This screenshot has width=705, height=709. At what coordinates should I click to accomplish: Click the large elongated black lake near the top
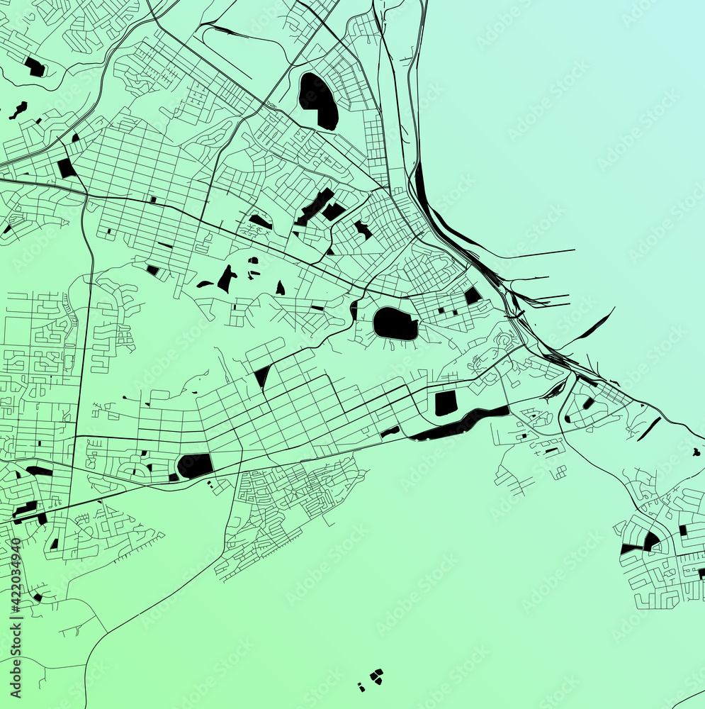tap(318, 100)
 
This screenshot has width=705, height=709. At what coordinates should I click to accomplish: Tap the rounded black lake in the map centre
tap(395, 324)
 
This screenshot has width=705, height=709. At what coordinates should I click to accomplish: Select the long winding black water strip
tap(461, 423)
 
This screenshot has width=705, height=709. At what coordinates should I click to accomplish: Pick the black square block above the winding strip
tap(446, 403)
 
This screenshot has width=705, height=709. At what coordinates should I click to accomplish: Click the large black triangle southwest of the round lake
tap(262, 376)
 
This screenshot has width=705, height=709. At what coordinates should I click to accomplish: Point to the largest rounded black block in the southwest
tap(195, 465)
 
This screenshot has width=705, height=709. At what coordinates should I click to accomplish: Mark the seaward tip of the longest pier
tap(574, 250)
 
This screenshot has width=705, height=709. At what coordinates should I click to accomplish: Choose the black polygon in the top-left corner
tap(34, 67)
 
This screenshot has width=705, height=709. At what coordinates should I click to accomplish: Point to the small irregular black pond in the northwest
tap(18, 110)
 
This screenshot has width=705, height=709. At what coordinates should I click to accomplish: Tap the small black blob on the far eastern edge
tap(696, 452)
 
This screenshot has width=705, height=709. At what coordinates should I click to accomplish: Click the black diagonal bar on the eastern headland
tap(649, 428)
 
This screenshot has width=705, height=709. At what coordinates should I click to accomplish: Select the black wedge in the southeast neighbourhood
tap(651, 542)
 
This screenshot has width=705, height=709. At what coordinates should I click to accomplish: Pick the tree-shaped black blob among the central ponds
tap(227, 279)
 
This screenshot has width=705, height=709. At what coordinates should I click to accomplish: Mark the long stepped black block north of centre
tap(315, 206)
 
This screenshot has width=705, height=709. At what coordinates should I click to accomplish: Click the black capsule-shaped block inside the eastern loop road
tap(588, 403)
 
